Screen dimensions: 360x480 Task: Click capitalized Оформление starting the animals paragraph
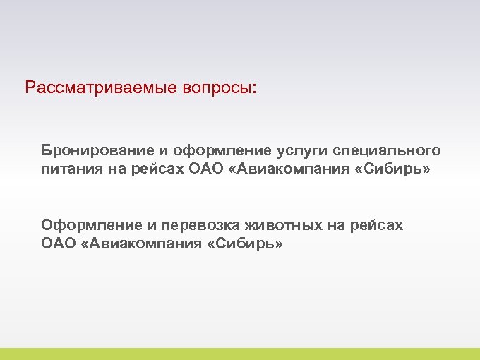(x=92, y=226)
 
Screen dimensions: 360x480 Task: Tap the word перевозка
(x=199, y=226)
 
